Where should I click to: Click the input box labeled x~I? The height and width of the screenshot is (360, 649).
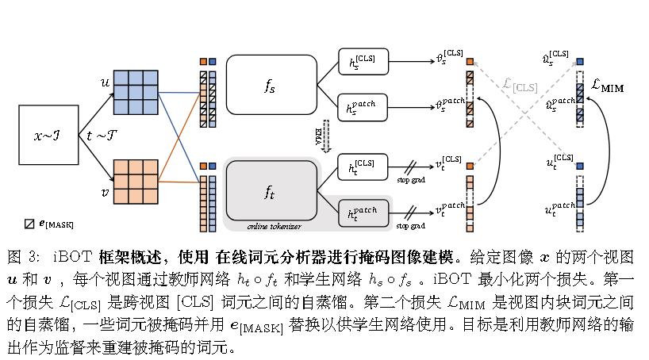pos(49,136)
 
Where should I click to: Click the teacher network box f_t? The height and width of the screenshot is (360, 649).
pos(271,190)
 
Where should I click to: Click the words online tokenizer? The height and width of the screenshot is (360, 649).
pos(271,226)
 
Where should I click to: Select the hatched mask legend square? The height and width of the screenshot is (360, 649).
pos(29,224)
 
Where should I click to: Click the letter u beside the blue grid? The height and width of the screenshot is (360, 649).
pos(104,82)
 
